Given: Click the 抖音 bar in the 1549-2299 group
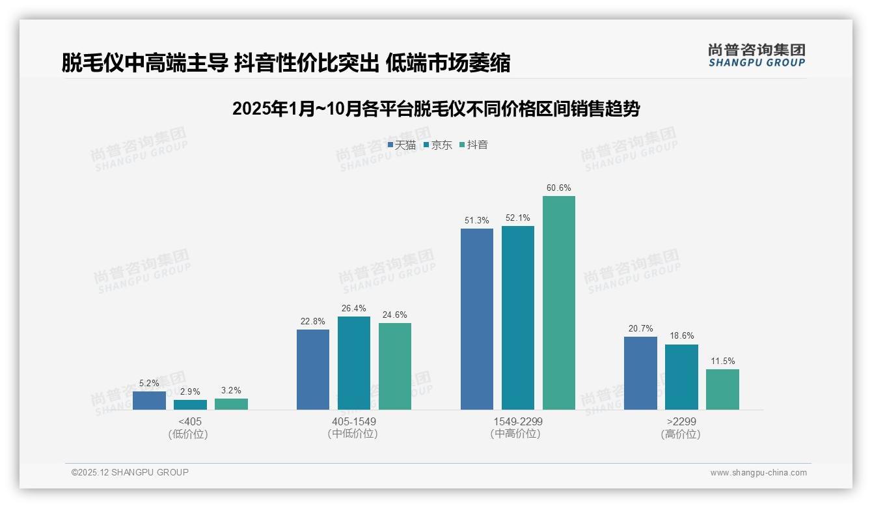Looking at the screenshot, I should coord(559,303).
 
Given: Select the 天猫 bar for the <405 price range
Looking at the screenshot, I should coord(149,401).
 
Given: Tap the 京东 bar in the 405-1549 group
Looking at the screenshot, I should coord(354,363).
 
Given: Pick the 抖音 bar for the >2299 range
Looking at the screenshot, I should coord(722,389).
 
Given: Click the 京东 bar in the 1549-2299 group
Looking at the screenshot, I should coord(518,318).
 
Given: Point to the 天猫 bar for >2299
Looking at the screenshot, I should coord(640,373).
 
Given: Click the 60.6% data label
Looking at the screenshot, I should coord(559,188).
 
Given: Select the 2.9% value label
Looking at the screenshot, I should coord(190,392).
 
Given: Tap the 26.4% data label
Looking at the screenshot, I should coord(354,309).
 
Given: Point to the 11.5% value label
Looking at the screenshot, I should coord(722,361).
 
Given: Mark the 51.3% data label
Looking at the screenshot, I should coord(477,221).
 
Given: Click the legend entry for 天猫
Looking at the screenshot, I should coord(402,145).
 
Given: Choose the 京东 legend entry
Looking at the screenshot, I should coord(437,145).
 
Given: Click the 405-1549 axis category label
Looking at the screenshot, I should coord(354,421).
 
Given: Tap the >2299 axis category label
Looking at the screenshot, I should coord(681,421).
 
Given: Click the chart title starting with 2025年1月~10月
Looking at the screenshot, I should coord(436,109).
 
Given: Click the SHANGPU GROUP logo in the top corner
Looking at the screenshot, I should coord(757,55).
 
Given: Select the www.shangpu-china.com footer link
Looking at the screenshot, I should coord(758,473).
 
